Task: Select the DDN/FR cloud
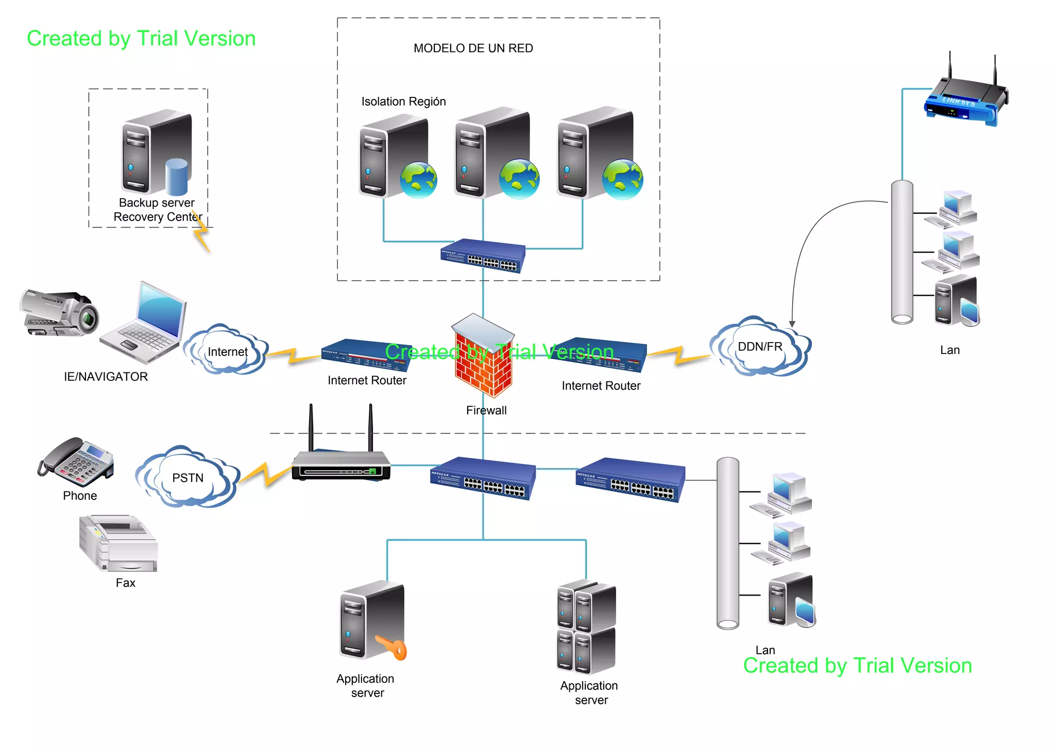click(x=760, y=347)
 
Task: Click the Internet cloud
click(x=227, y=351)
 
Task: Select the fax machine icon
click(x=119, y=544)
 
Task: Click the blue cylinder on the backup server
click(x=177, y=176)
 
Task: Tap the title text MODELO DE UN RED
click(x=473, y=48)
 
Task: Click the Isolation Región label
click(x=403, y=101)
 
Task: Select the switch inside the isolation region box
click(x=483, y=256)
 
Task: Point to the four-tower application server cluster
click(x=587, y=627)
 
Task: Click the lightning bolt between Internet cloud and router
click(x=291, y=355)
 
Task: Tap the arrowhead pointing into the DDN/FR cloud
click(x=792, y=324)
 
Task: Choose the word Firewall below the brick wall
click(x=486, y=411)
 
